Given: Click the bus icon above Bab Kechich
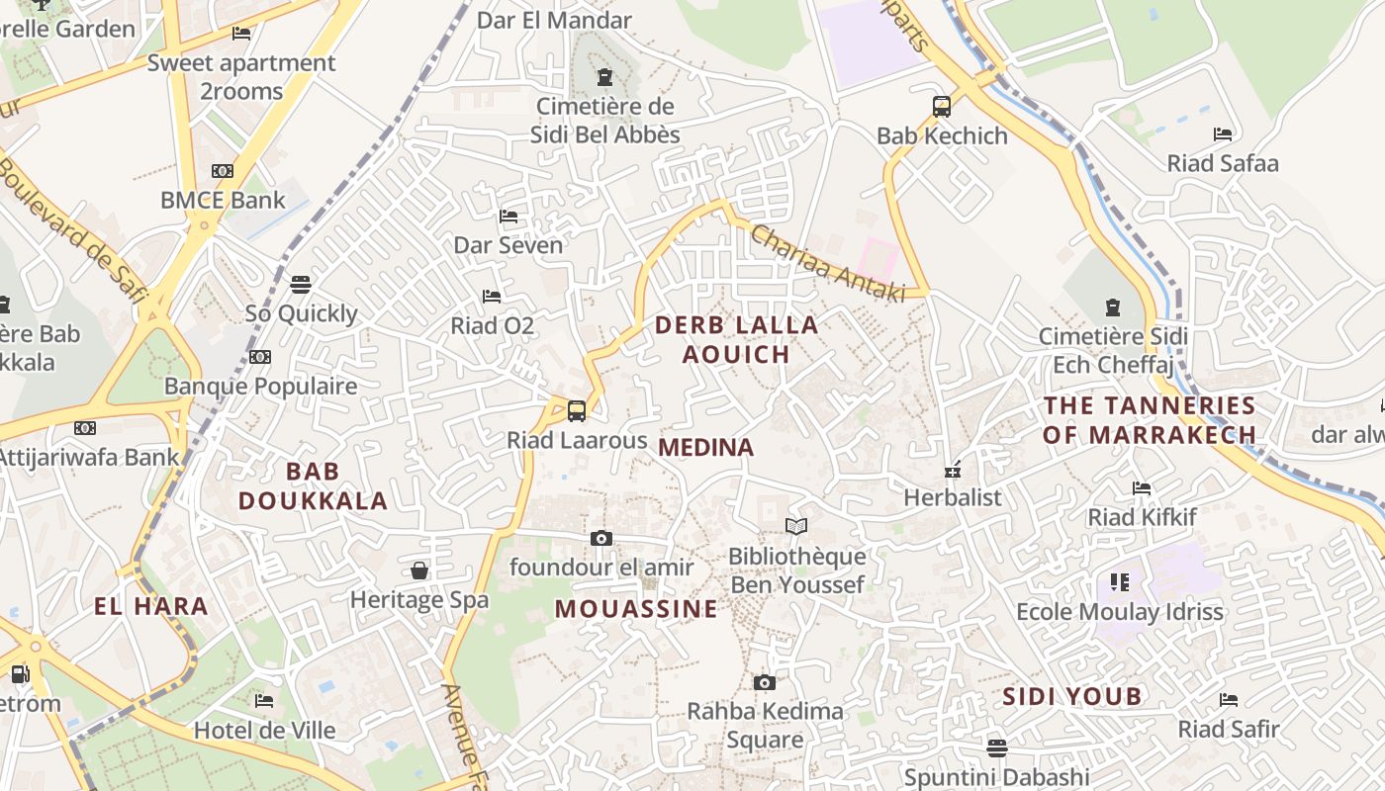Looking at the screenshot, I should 942,107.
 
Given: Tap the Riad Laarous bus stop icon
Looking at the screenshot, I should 577,410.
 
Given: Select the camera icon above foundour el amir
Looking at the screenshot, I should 600,538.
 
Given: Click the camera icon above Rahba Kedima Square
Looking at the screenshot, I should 764,682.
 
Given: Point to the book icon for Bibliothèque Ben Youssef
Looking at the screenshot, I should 796,526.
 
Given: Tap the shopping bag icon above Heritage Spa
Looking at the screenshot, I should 419,571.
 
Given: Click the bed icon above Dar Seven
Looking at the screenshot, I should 508,216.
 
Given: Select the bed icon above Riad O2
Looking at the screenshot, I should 492,296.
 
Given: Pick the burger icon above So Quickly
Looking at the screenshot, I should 301,285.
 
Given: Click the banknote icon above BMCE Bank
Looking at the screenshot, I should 223,171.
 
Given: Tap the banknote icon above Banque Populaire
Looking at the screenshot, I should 260,357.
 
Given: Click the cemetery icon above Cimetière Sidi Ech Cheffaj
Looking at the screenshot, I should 1113,308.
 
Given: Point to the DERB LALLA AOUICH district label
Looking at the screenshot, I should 737,339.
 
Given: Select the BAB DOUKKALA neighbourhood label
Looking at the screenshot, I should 313,485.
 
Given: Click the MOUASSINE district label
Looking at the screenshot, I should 636,609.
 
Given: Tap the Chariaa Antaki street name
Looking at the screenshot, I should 827,263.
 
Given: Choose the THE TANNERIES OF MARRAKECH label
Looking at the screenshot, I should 1150,419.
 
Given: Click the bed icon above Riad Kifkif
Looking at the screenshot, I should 1142,488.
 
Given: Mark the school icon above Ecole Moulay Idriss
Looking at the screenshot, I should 1120,582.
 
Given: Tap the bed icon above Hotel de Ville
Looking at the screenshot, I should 264,701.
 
